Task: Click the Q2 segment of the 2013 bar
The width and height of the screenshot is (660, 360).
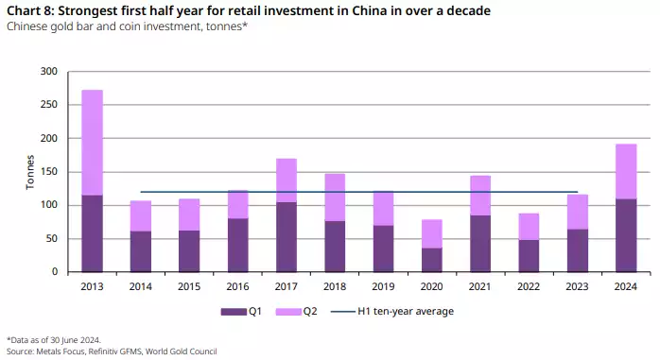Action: coord(93,143)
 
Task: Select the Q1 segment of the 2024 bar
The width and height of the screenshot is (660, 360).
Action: coord(627,235)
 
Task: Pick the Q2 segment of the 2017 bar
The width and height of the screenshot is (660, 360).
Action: coord(287,180)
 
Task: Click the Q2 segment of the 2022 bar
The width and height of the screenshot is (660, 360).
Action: coord(530,227)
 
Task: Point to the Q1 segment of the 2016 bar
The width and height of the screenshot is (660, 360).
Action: coord(238,245)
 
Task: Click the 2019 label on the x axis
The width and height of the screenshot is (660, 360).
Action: coord(384,284)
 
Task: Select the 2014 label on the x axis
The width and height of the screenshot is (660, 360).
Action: coord(141,284)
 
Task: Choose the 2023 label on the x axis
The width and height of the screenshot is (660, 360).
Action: coord(578,284)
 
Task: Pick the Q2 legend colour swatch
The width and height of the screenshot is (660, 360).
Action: coord(292,311)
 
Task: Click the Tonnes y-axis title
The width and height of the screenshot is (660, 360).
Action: coord(30,172)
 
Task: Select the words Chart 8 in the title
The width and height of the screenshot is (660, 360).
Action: coord(29,10)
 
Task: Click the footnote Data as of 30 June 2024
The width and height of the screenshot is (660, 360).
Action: coord(56,338)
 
